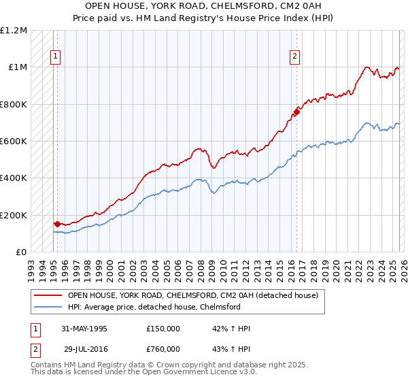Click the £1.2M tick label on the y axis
click(x=14, y=31)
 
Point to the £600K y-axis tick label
click(x=14, y=142)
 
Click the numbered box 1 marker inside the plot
click(x=55, y=57)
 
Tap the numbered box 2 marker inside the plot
click(x=295, y=57)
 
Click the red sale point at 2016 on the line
click(x=296, y=112)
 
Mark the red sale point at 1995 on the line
click(x=57, y=224)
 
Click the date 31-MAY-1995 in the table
click(x=84, y=329)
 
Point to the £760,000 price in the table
click(x=163, y=349)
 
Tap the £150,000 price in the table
click(x=163, y=329)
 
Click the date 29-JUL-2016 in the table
click(x=84, y=349)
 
